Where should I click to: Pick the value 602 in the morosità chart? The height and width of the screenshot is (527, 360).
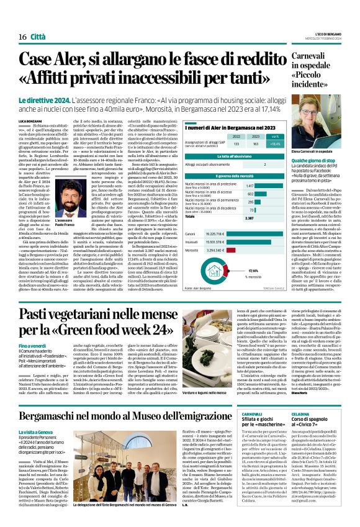tap(250, 176)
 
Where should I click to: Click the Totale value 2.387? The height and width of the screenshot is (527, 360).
tap(248, 200)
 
